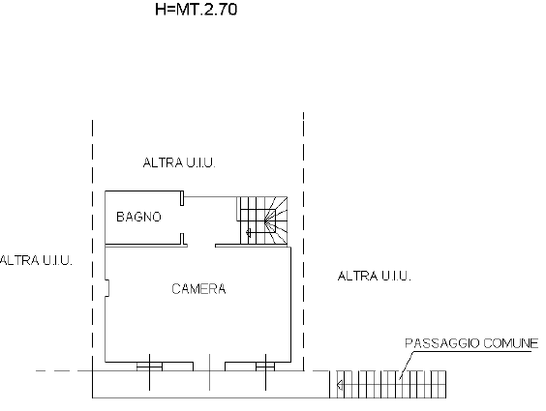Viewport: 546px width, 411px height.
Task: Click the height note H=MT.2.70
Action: tap(197, 12)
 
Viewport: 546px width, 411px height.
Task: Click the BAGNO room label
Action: tap(138, 217)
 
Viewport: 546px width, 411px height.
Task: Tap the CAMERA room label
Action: tap(198, 288)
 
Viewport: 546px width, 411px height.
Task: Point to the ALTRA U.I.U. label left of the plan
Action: tap(35, 260)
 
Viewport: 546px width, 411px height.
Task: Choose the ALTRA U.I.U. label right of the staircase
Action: tap(374, 276)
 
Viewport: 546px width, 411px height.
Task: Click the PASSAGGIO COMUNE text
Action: tap(470, 342)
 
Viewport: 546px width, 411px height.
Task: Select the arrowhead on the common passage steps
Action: tap(339, 386)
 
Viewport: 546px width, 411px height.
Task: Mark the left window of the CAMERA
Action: tap(148, 367)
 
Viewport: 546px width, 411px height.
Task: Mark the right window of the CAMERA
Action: tap(262, 367)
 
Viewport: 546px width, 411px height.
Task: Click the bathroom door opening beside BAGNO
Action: tap(184, 220)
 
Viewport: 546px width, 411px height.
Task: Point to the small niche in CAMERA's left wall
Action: tap(107, 287)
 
